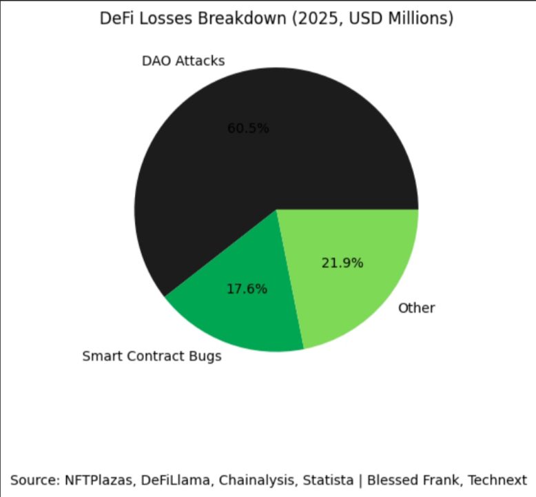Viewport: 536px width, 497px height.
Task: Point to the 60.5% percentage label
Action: [248, 128]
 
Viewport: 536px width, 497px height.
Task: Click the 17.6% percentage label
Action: [247, 289]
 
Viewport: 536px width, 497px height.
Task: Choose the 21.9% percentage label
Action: [342, 263]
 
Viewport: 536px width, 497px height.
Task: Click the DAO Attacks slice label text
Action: [183, 61]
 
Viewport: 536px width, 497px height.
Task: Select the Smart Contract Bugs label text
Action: [152, 356]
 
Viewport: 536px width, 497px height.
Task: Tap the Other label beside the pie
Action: [416, 307]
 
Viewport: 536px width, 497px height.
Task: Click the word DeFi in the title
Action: [116, 19]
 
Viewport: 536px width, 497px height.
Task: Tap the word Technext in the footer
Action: [499, 479]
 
